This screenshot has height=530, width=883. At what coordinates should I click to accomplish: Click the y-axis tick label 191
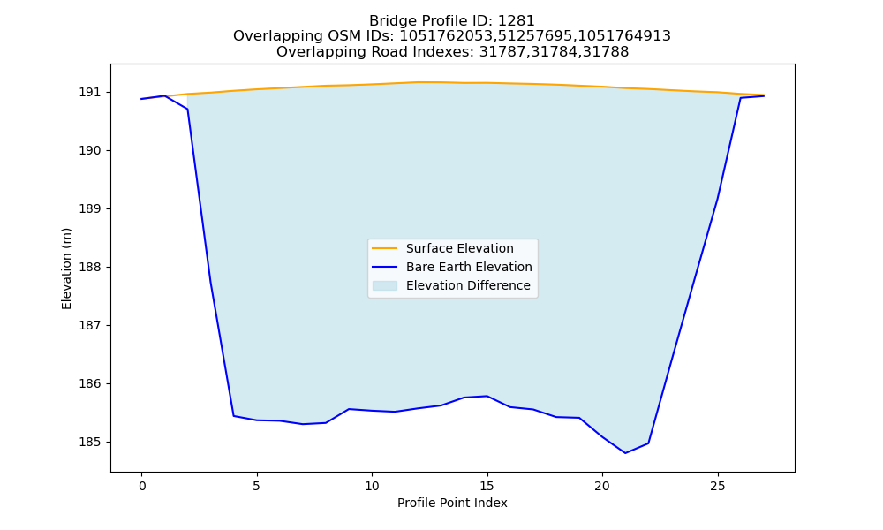click(87, 93)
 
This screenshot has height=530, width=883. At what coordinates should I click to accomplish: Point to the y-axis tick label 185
click(87, 443)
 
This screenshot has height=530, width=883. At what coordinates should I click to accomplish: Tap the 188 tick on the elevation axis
click(87, 267)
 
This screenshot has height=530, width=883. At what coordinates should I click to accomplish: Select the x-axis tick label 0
click(142, 486)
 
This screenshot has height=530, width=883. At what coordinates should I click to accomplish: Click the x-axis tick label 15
click(487, 486)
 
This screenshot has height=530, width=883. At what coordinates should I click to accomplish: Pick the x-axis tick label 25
click(717, 486)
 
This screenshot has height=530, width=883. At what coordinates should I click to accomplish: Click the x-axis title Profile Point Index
click(452, 503)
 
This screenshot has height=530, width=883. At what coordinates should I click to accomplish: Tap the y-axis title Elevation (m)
click(66, 269)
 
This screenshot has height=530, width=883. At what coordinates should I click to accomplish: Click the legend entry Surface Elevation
click(459, 248)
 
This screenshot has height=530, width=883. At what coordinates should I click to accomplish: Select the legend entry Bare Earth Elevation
click(469, 267)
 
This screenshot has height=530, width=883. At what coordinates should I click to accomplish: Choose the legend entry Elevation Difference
click(468, 285)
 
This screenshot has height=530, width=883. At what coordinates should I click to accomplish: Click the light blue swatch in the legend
click(385, 285)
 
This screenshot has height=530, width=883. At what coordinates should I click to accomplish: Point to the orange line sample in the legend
click(385, 248)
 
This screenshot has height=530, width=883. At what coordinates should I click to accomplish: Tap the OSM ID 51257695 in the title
click(536, 36)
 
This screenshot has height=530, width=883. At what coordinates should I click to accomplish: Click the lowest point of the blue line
click(625, 453)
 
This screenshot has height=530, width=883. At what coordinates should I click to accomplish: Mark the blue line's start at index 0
click(142, 99)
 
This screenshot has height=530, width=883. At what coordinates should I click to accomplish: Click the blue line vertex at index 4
click(234, 416)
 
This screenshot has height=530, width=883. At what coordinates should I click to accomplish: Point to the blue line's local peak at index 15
click(487, 396)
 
